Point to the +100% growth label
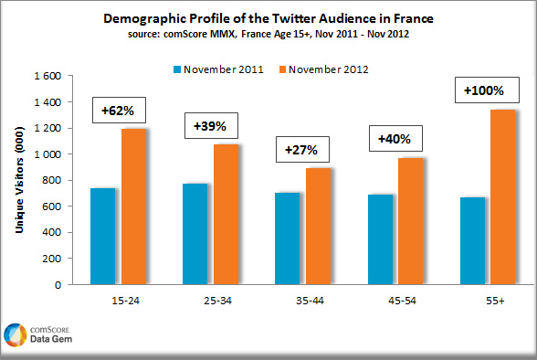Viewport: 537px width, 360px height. [x=483, y=91]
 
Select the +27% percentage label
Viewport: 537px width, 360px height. [x=302, y=149]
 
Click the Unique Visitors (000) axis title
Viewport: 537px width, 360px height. [x=19, y=180]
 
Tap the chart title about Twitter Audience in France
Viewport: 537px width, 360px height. [x=268, y=17]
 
